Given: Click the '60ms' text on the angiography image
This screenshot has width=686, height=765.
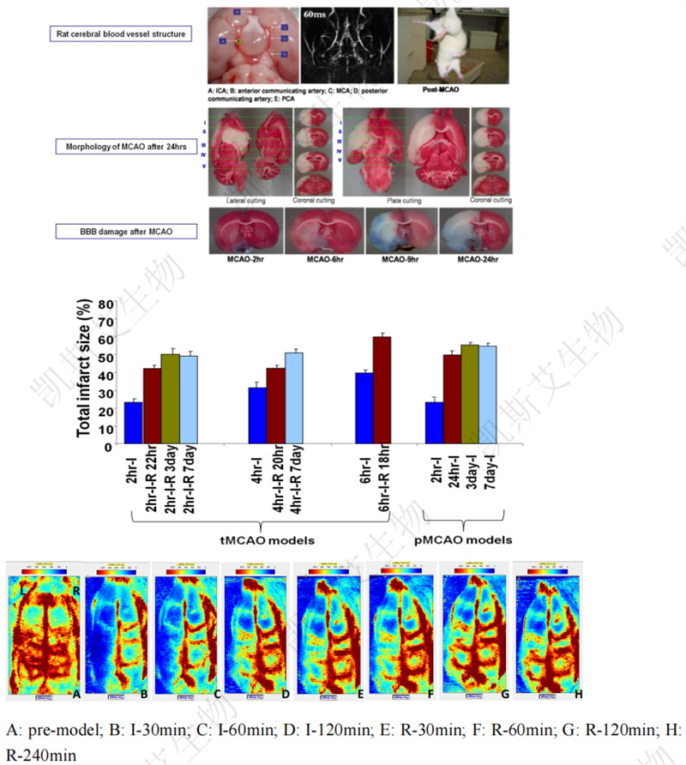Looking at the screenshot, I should point(318,15).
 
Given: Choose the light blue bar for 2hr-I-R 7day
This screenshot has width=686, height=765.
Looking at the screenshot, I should point(189,400).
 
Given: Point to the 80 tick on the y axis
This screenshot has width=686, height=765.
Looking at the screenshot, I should point(107,304).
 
